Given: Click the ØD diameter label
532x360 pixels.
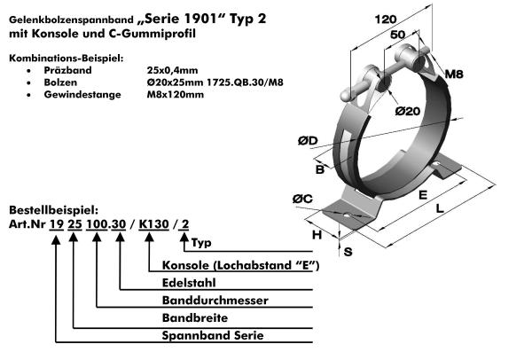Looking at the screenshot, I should tap(308, 140).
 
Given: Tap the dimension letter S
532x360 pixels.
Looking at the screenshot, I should tap(348, 252).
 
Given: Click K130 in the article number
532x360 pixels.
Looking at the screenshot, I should tap(155, 224).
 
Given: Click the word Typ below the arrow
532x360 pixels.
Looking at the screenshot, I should tap(201, 242).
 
